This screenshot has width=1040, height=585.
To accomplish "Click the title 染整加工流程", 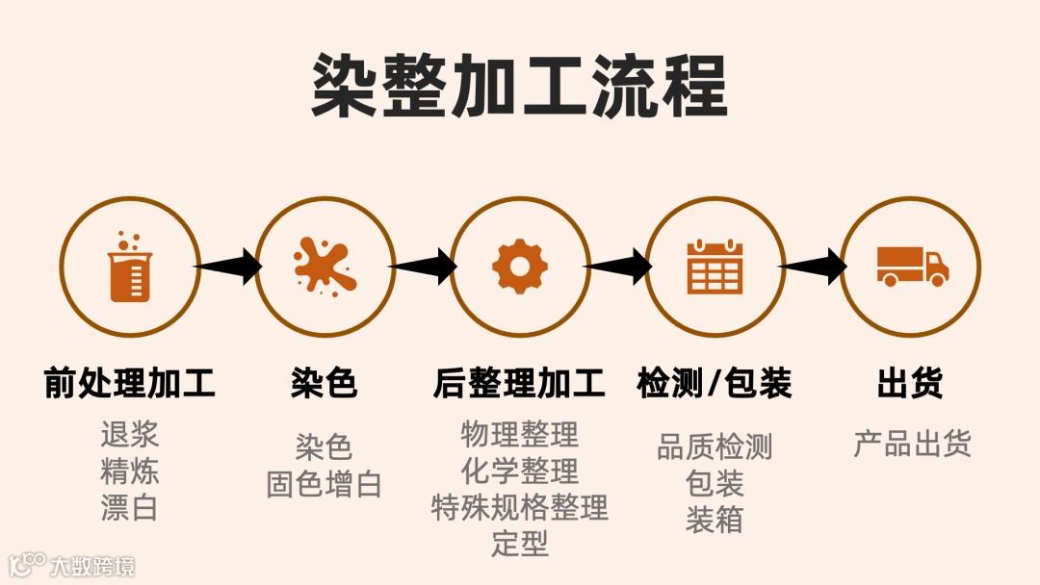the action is pos(519,87).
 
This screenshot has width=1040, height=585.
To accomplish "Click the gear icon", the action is pos(520,267).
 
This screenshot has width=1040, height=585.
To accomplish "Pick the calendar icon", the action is pos(715,267).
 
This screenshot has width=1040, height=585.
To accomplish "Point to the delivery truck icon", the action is pos(911,267).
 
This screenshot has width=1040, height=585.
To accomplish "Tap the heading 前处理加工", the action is pos(130,384).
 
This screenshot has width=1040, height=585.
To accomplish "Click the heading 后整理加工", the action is pos(520,384).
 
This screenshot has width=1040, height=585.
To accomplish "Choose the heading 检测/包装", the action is pos(715,384).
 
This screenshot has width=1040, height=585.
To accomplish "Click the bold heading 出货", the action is pos(910,384).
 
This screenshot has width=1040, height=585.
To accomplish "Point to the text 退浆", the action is pos(130,435).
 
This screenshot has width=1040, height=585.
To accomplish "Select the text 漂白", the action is pos(130,508).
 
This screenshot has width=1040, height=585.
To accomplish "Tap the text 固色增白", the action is pos(325,484).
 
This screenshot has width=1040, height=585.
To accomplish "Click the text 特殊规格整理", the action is pos(520,507).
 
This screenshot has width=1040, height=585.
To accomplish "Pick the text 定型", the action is pos(520,544).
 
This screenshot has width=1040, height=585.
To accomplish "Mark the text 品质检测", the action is pos(715,447).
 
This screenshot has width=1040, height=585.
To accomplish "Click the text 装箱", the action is pos(715,521).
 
